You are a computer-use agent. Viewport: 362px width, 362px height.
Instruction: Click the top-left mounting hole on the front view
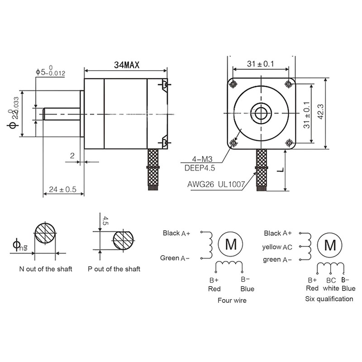[x=233, y=84]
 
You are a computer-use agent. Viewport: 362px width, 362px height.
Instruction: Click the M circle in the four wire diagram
[x=231, y=245]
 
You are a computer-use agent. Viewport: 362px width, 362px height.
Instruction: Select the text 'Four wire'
[x=232, y=300]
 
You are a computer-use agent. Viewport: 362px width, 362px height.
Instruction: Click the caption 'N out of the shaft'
[x=45, y=269]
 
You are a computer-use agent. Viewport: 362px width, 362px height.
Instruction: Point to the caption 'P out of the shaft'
[x=114, y=269]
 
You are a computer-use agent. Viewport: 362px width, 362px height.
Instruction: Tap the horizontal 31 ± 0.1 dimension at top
[x=261, y=64]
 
